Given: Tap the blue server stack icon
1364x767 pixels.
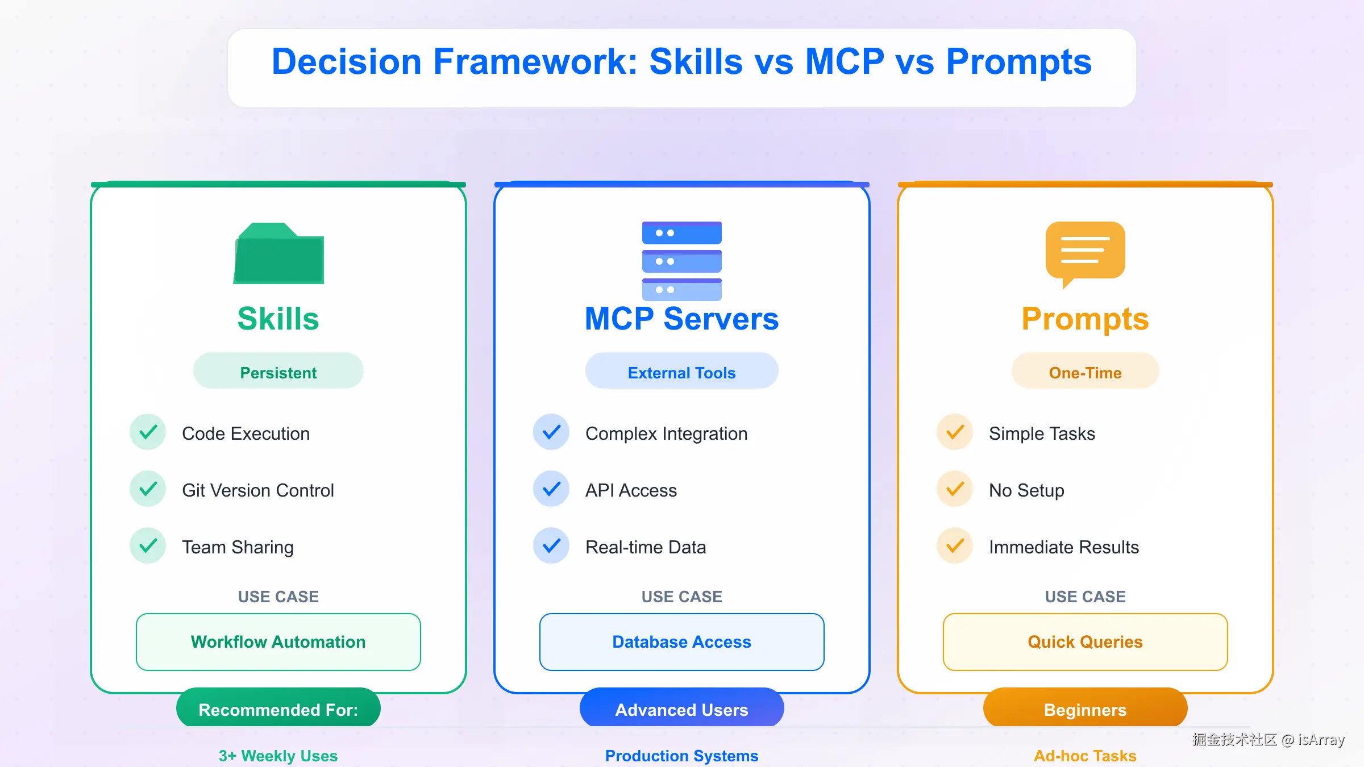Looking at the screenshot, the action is coord(682,261).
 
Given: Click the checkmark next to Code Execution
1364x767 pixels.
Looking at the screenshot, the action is coord(148,432).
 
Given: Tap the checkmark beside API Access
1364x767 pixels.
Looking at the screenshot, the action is coord(551,489).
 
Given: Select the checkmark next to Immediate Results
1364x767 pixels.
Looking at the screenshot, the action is coord(955,546).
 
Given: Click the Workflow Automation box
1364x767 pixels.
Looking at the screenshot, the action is coord(278,642).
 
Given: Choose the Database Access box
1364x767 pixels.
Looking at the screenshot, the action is coord(682,642).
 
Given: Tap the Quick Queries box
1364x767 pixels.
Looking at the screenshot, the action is coord(1085,642).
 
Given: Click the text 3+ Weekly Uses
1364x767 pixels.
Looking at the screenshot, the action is coord(278,756).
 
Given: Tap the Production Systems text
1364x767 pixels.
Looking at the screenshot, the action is coord(682,756).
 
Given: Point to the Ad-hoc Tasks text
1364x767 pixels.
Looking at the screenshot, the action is coord(1085,756).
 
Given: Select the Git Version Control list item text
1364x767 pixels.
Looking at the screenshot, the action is coord(258,490).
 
